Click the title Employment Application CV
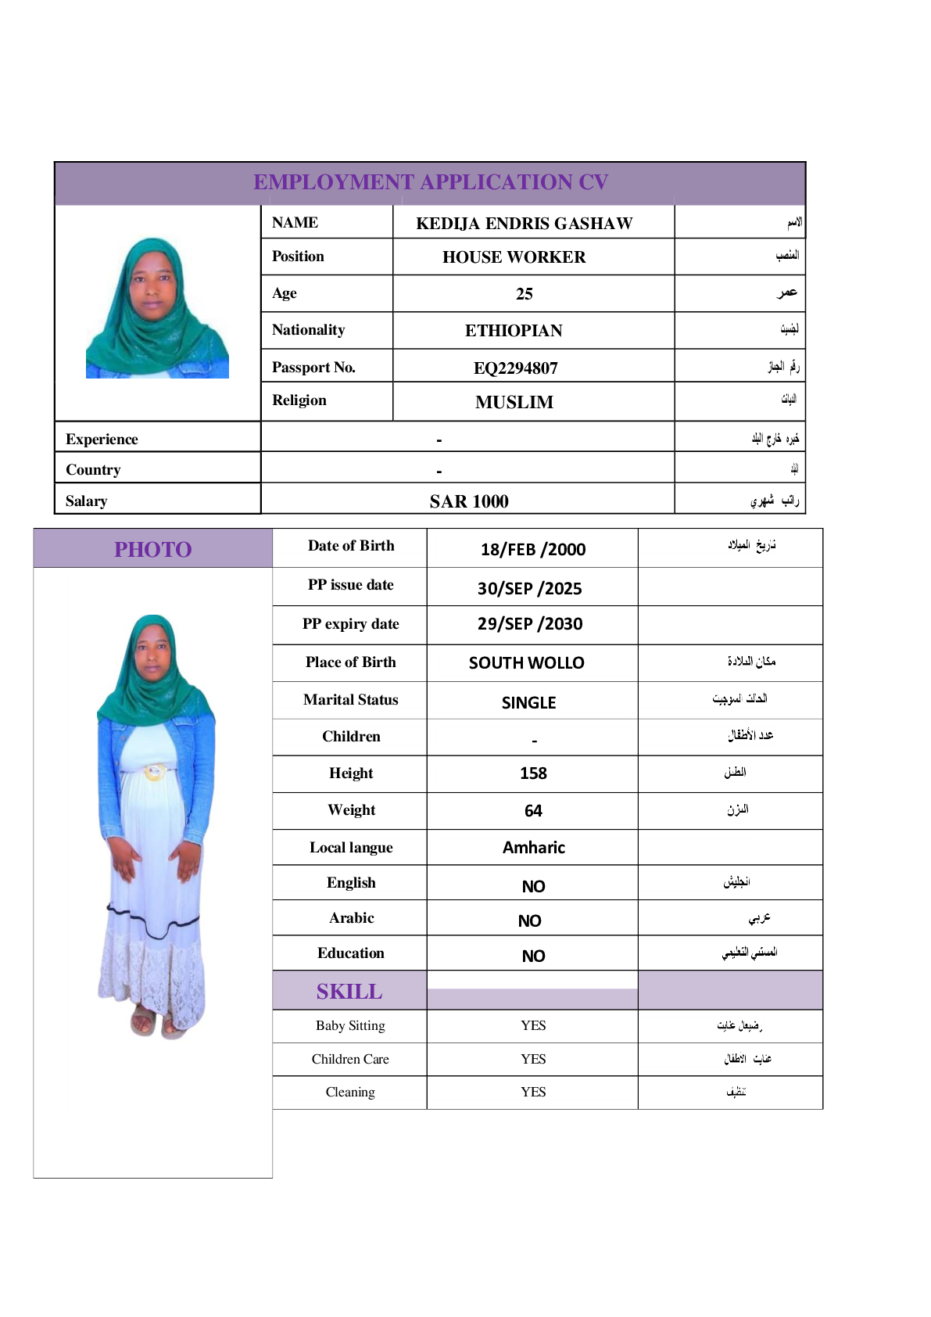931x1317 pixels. pos(430,182)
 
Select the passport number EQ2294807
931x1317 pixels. pos(515,368)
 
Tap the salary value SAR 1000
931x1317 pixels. pos(468,501)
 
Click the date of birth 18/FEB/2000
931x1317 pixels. pos(532,549)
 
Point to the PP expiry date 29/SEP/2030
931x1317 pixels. pos(530,624)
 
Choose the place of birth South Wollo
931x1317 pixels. pos(526,663)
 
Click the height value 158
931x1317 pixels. pos(533,773)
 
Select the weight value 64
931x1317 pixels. pos(533,811)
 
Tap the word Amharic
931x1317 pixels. pos(533,848)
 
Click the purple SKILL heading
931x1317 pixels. pos(349,992)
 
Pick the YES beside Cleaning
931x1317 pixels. pos(533,1092)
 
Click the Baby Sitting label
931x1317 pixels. pos(350,1025)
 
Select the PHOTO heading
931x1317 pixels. pos(152,549)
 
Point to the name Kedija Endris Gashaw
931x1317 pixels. pos(524,224)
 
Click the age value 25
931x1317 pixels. pos(524,294)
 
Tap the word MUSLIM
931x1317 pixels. pos(514,402)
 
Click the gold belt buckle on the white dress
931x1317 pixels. pos(155,773)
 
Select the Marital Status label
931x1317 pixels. pos(350,700)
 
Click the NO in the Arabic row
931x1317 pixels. pos(529,921)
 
